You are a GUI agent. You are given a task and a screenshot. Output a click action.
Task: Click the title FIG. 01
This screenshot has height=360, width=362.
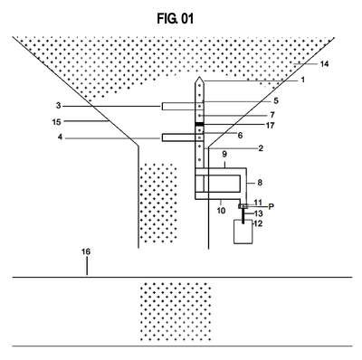(x=175, y=19)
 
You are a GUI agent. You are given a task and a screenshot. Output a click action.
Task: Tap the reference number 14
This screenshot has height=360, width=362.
(x=324, y=64)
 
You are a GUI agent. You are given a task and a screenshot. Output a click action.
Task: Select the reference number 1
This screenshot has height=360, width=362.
(x=302, y=80)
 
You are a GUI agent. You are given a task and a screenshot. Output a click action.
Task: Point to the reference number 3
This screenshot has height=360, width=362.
(x=59, y=106)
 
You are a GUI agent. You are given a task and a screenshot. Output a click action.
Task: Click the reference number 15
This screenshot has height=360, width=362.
(x=56, y=122)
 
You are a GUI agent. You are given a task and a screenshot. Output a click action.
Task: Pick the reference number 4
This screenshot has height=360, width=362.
(x=60, y=137)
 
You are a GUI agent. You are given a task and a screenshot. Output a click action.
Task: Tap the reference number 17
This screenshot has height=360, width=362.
(x=270, y=125)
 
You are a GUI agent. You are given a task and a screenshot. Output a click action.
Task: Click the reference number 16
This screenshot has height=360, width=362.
(x=86, y=251)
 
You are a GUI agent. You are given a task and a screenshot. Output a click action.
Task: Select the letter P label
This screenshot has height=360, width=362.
(x=271, y=206)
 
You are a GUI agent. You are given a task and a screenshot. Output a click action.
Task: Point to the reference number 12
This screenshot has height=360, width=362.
(x=258, y=223)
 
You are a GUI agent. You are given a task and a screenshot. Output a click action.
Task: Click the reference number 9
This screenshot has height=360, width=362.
(x=224, y=155)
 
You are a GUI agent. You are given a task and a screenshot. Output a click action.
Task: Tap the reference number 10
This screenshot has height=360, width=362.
(x=221, y=211)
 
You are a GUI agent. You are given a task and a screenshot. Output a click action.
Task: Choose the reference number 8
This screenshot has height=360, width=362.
(x=259, y=183)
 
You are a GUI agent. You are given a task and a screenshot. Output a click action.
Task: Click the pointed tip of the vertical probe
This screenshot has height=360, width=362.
(x=199, y=77)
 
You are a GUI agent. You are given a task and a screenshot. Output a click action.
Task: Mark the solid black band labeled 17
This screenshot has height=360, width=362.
(x=199, y=124)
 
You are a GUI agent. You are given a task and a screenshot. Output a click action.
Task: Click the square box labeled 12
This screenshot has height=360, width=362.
(x=243, y=232)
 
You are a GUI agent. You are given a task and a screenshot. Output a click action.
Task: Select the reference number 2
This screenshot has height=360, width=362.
(x=261, y=148)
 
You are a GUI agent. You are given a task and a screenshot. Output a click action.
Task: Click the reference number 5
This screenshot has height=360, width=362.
(x=276, y=100)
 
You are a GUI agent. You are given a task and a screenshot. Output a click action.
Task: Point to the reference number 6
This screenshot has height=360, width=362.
(x=240, y=136)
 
